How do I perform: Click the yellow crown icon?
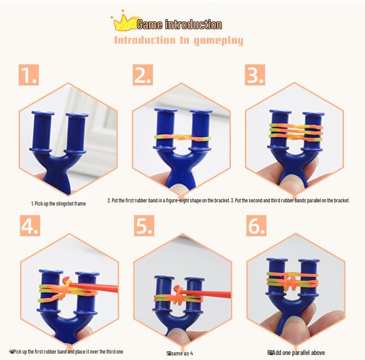[x=120, y=22]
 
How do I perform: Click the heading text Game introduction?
[x=179, y=25]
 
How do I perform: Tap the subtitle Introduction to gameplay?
[x=178, y=41]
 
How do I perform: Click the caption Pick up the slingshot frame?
[x=58, y=203]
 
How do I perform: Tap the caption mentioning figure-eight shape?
[x=168, y=201]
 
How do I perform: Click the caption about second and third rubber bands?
[x=290, y=201]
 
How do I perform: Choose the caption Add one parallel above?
[x=296, y=353]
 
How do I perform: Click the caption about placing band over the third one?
[x=67, y=351]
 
